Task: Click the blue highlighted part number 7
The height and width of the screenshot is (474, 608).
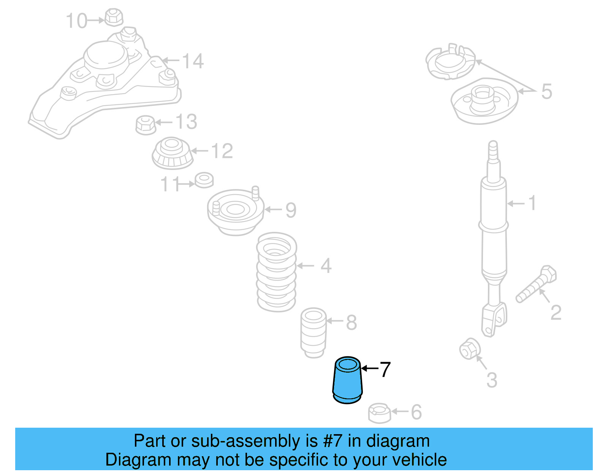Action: tap(347, 381)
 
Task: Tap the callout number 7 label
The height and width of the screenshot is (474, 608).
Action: tap(385, 370)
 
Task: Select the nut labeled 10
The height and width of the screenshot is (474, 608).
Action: tap(113, 17)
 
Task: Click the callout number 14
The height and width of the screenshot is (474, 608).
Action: tap(193, 61)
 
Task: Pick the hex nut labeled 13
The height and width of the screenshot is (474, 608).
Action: tap(146, 124)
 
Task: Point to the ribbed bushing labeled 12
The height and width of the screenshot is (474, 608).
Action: tap(173, 153)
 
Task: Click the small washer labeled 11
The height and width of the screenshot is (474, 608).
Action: tap(204, 180)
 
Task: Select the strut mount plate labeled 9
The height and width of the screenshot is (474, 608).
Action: tap(235, 212)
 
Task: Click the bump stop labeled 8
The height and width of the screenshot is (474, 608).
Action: tap(313, 332)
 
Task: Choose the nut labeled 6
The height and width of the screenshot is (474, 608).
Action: tap(379, 413)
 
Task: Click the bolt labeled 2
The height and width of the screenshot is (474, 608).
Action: tap(536, 284)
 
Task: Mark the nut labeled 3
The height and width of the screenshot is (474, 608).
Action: tap(470, 348)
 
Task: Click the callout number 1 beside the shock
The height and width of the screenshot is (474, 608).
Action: tap(532, 203)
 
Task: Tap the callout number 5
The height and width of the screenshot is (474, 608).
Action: tap(546, 91)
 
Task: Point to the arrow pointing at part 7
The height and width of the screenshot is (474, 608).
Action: tap(369, 368)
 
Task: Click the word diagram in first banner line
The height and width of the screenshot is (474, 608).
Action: tap(398, 441)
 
